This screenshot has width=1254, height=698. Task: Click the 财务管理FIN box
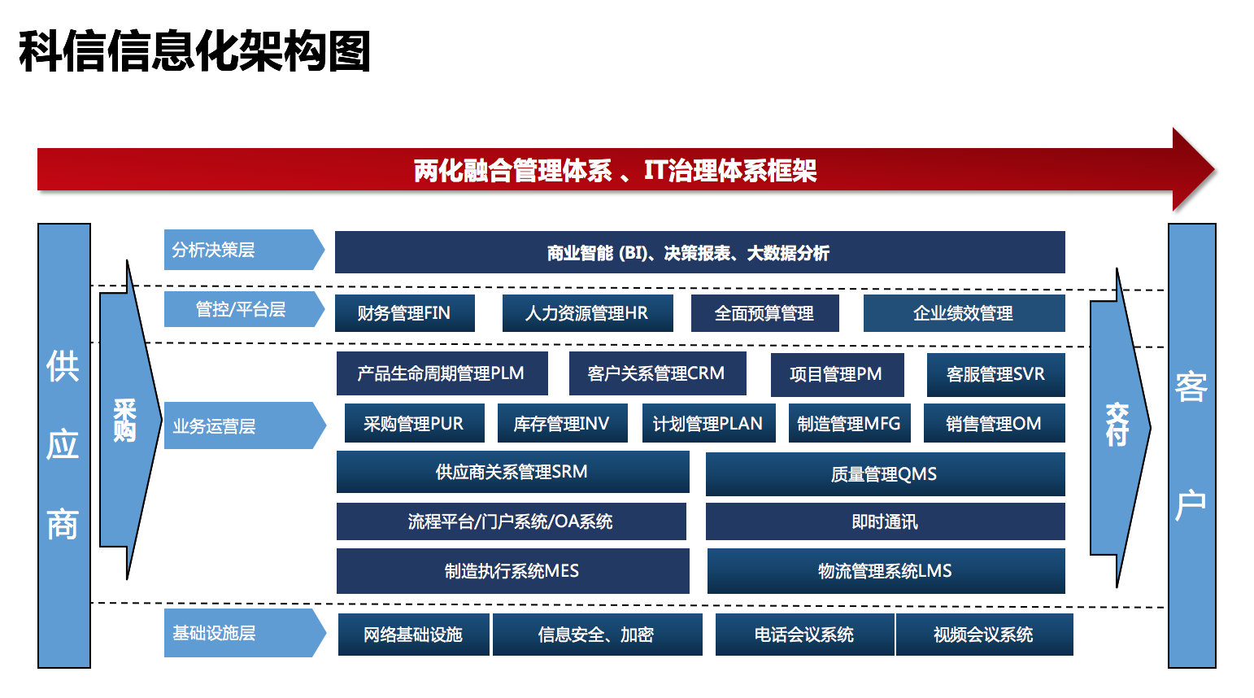click(405, 313)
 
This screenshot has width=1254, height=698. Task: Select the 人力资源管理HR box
click(587, 313)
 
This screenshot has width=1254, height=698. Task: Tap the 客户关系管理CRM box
click(657, 373)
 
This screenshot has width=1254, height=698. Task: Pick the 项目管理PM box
click(837, 374)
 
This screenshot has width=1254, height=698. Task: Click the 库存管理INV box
click(562, 423)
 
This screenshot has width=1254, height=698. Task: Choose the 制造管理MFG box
click(849, 423)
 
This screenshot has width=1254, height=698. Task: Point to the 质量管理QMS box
click(885, 474)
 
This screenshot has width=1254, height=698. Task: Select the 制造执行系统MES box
click(513, 571)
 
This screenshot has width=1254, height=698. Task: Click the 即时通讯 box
click(885, 521)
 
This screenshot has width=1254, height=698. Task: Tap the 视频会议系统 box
click(984, 634)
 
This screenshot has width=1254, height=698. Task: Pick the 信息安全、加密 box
click(598, 634)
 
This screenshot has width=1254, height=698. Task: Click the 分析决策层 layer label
click(244, 250)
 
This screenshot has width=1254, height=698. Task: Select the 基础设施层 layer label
click(245, 633)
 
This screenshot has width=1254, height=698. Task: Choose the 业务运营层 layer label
click(245, 425)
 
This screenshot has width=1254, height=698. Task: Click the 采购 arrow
click(130, 420)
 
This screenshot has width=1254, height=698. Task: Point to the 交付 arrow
click(1120, 428)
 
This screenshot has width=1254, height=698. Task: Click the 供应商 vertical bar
click(63, 445)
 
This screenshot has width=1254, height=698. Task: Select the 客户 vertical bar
click(1192, 445)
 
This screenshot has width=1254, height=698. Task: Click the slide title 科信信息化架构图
click(194, 51)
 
